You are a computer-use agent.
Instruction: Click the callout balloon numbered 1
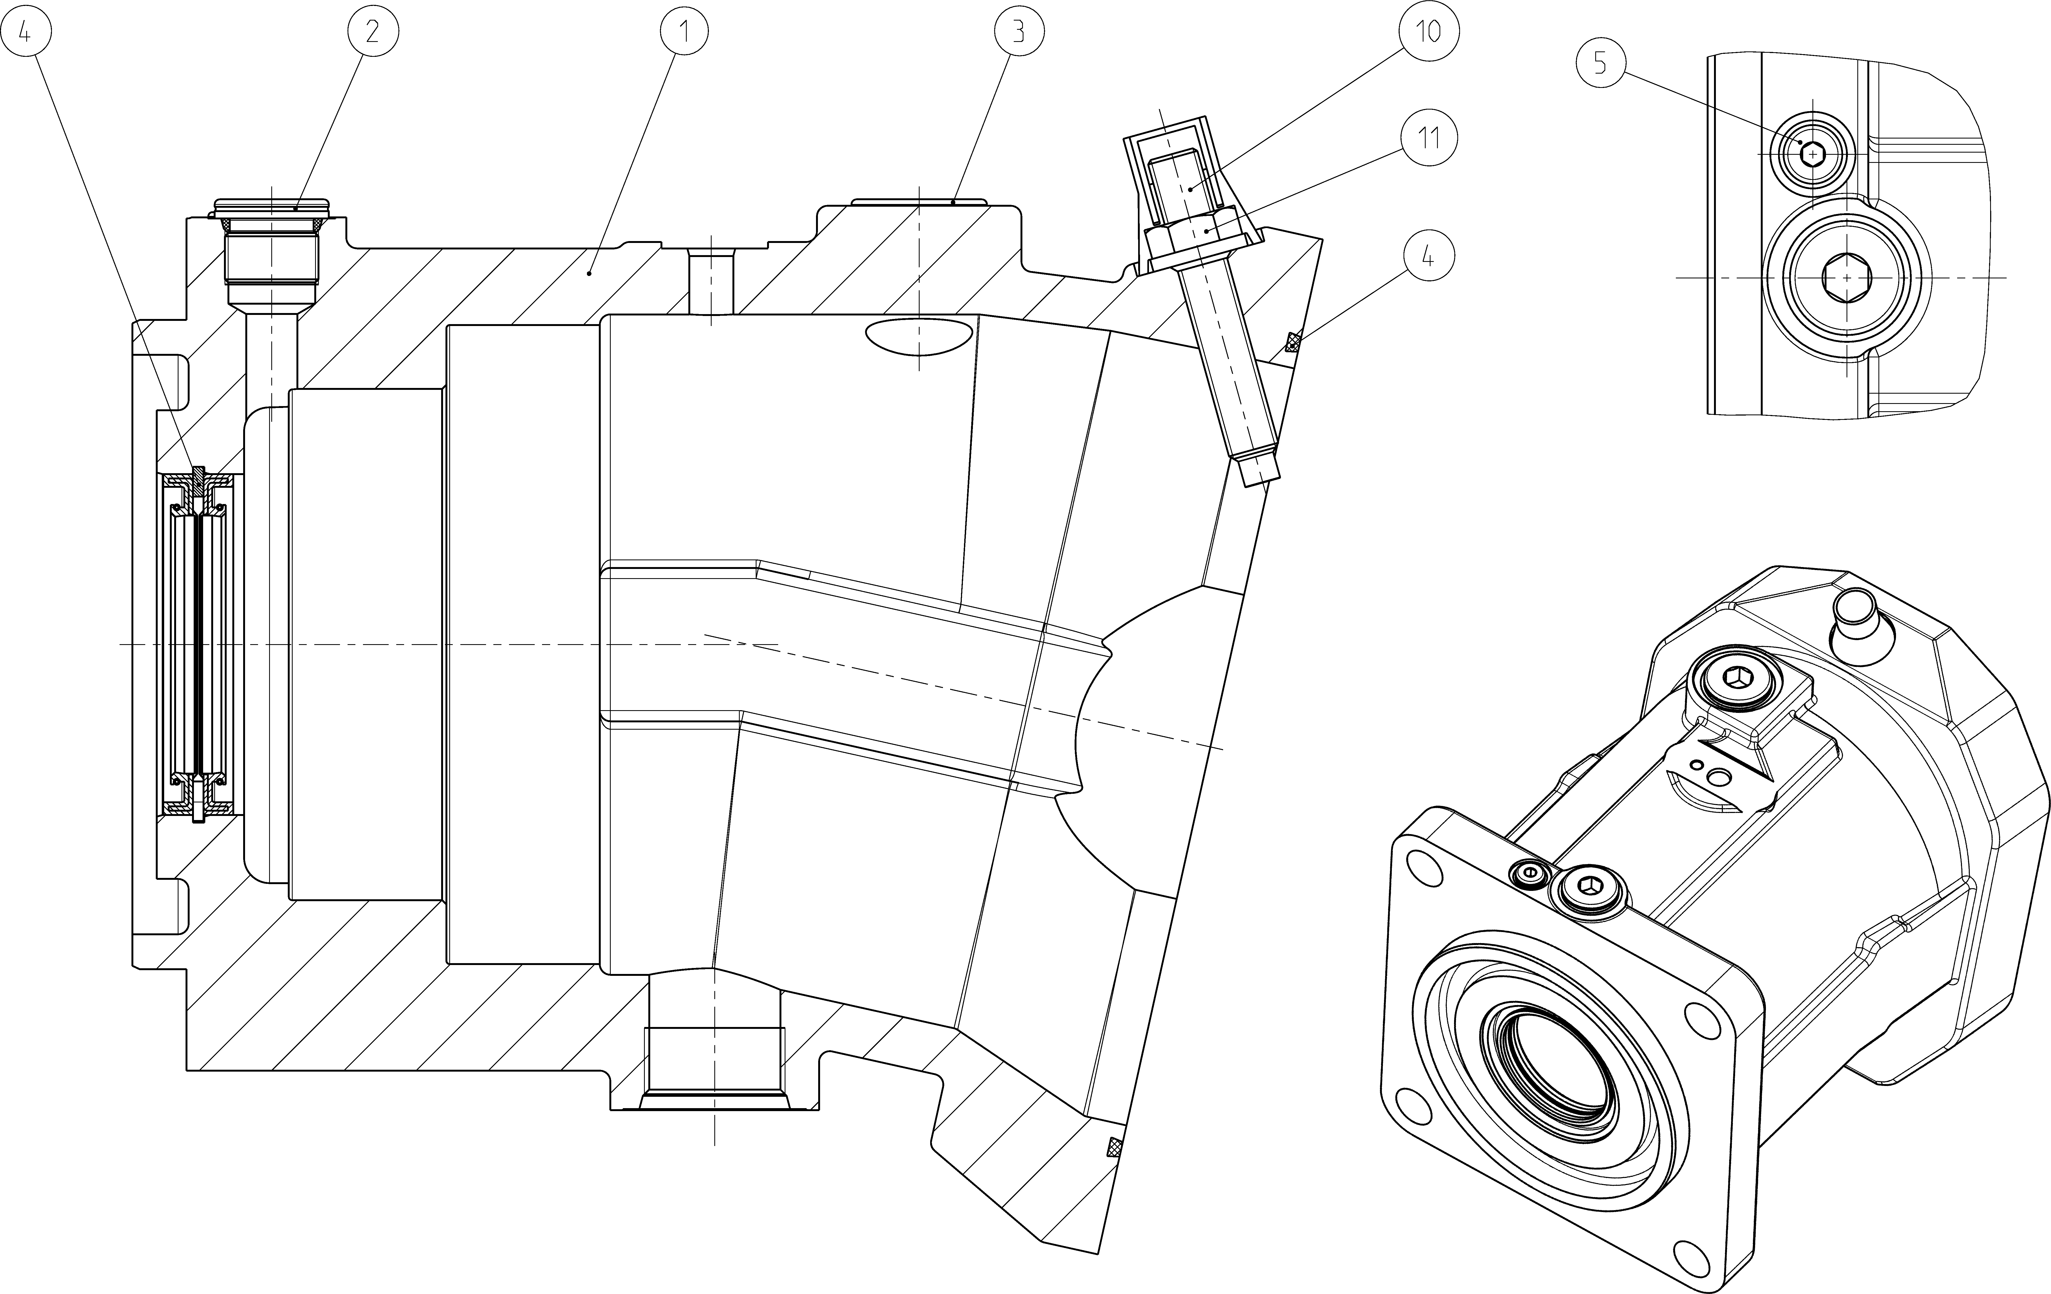[x=684, y=32]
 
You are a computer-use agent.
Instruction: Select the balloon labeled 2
[x=372, y=32]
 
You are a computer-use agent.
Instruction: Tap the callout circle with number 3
[x=1019, y=32]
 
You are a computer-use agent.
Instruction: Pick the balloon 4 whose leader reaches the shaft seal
[x=25, y=32]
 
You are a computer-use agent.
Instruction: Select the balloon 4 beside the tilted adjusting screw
[x=1428, y=256]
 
